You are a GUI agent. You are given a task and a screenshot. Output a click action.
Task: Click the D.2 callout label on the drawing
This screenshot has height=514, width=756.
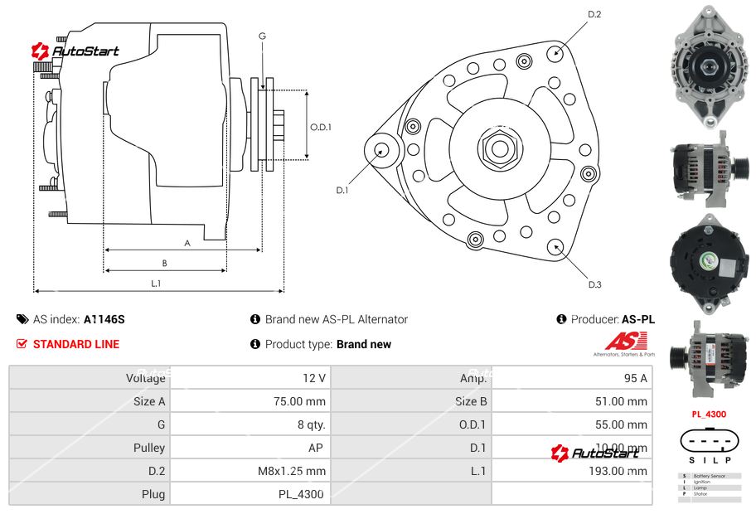coord(594,14)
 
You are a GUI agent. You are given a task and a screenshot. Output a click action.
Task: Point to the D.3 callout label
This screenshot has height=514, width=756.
coord(594,284)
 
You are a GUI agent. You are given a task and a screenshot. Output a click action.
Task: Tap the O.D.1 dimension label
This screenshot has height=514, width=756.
coord(321,127)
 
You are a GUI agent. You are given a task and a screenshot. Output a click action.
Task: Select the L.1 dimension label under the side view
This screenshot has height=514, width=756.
coord(156,284)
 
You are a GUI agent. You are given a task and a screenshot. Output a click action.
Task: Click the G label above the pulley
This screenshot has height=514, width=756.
coord(262,36)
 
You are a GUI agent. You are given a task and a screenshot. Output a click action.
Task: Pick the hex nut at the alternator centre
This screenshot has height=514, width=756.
coord(499,149)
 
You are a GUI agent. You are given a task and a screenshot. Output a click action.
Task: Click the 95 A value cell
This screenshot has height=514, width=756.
coord(635,378)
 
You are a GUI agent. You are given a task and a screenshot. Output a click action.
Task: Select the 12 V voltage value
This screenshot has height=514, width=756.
coord(314,378)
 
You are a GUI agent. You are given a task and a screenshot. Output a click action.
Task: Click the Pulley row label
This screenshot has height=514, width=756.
coord(149,448)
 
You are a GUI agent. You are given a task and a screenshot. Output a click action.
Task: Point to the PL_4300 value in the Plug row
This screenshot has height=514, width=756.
coord(301,494)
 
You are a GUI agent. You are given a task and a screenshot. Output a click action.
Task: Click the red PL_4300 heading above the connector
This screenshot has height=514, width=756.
coord(709,414)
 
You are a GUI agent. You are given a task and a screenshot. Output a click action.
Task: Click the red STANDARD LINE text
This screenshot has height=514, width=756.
coord(76,344)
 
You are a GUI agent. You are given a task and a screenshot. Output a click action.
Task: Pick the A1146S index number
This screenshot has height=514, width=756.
coord(104,319)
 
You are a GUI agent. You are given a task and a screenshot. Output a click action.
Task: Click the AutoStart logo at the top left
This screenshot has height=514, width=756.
coord(75,51)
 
